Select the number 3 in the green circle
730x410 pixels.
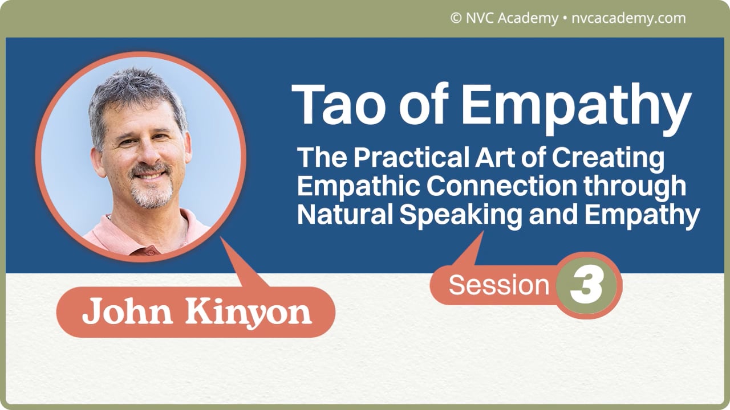click(587, 286)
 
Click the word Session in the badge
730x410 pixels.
click(498, 285)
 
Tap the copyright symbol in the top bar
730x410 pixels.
click(456, 18)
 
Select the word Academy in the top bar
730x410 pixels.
click(528, 19)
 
